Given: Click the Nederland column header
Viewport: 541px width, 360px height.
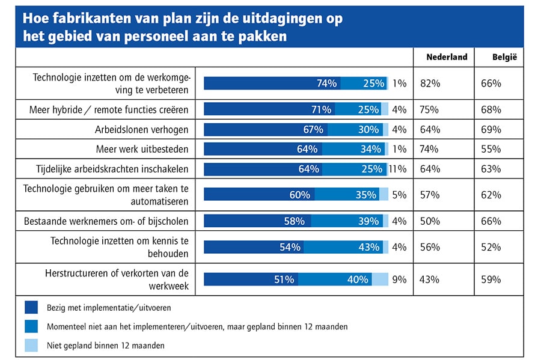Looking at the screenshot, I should point(446,57).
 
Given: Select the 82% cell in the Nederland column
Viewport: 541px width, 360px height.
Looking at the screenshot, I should point(430,84).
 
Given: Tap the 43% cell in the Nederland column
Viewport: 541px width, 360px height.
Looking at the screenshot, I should point(430,279).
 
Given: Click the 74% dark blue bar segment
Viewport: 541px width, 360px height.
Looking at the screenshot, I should point(272,84).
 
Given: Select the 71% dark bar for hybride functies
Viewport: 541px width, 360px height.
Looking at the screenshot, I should point(269,109).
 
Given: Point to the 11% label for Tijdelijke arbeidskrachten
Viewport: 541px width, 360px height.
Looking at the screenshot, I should point(397,169).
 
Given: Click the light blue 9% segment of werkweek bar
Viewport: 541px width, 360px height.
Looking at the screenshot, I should point(380,279).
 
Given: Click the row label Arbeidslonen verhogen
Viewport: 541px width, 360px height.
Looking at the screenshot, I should point(142,129).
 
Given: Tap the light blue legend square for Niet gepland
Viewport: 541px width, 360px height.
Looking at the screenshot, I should point(31,345).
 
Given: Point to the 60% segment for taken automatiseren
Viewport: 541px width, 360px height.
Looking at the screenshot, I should point(259,195).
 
